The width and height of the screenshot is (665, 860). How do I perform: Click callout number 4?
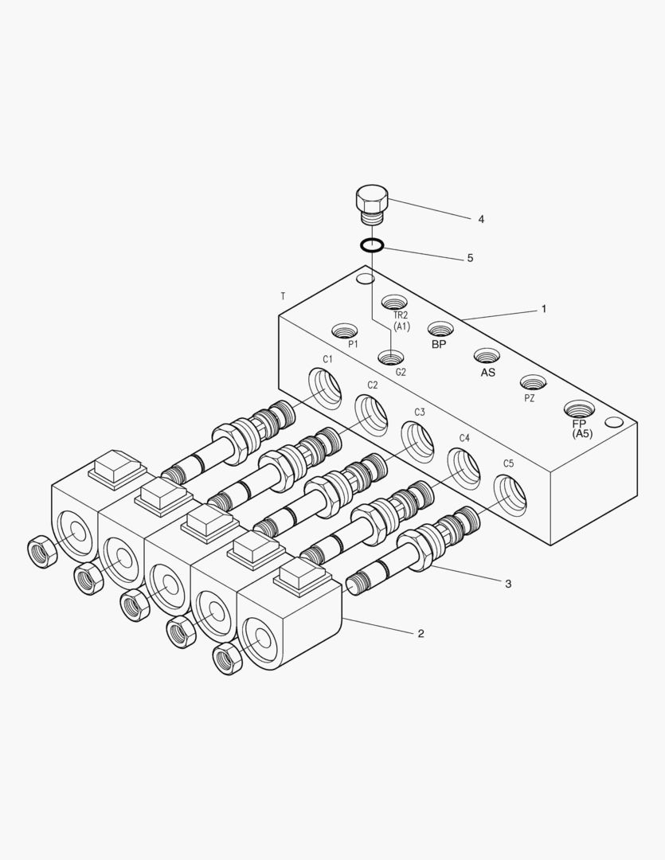point(480,219)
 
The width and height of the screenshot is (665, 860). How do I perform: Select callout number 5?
point(470,258)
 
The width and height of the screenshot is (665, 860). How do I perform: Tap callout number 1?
point(544,308)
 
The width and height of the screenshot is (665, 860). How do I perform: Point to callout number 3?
point(508,584)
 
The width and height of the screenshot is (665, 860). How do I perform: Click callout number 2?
point(421,634)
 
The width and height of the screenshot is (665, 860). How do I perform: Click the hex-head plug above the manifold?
point(371,201)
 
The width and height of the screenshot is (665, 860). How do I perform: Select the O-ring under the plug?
point(372,245)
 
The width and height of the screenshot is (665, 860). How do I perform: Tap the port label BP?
point(439,345)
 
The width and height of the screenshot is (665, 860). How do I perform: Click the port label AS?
point(487,372)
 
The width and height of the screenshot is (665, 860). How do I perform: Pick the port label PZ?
point(529,398)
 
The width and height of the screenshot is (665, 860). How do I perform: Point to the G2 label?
point(401,372)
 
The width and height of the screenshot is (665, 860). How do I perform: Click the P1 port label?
point(353,344)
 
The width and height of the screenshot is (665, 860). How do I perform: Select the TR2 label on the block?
point(401,315)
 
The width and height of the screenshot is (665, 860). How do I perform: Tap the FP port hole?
point(579,409)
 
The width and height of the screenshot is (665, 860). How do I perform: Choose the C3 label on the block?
point(419,412)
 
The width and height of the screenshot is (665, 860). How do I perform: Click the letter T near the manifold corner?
point(283,296)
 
